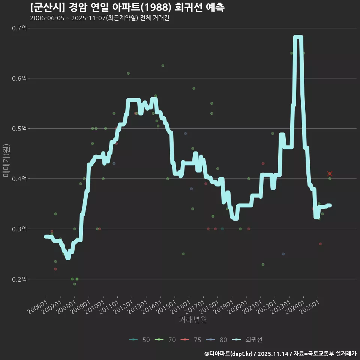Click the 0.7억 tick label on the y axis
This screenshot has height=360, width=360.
[19, 28]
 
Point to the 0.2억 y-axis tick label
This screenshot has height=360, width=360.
[19, 279]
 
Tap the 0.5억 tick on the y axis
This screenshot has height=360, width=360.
[19, 129]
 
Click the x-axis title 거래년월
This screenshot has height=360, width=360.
[193, 320]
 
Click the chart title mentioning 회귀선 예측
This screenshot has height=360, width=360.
[127, 7]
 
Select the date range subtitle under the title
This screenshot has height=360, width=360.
[99, 18]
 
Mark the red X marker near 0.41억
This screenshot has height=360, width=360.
[330, 174]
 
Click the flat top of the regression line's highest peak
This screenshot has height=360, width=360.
[298, 37]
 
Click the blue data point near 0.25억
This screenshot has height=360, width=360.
[283, 254]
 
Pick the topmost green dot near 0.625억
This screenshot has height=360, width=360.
[163, 66]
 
